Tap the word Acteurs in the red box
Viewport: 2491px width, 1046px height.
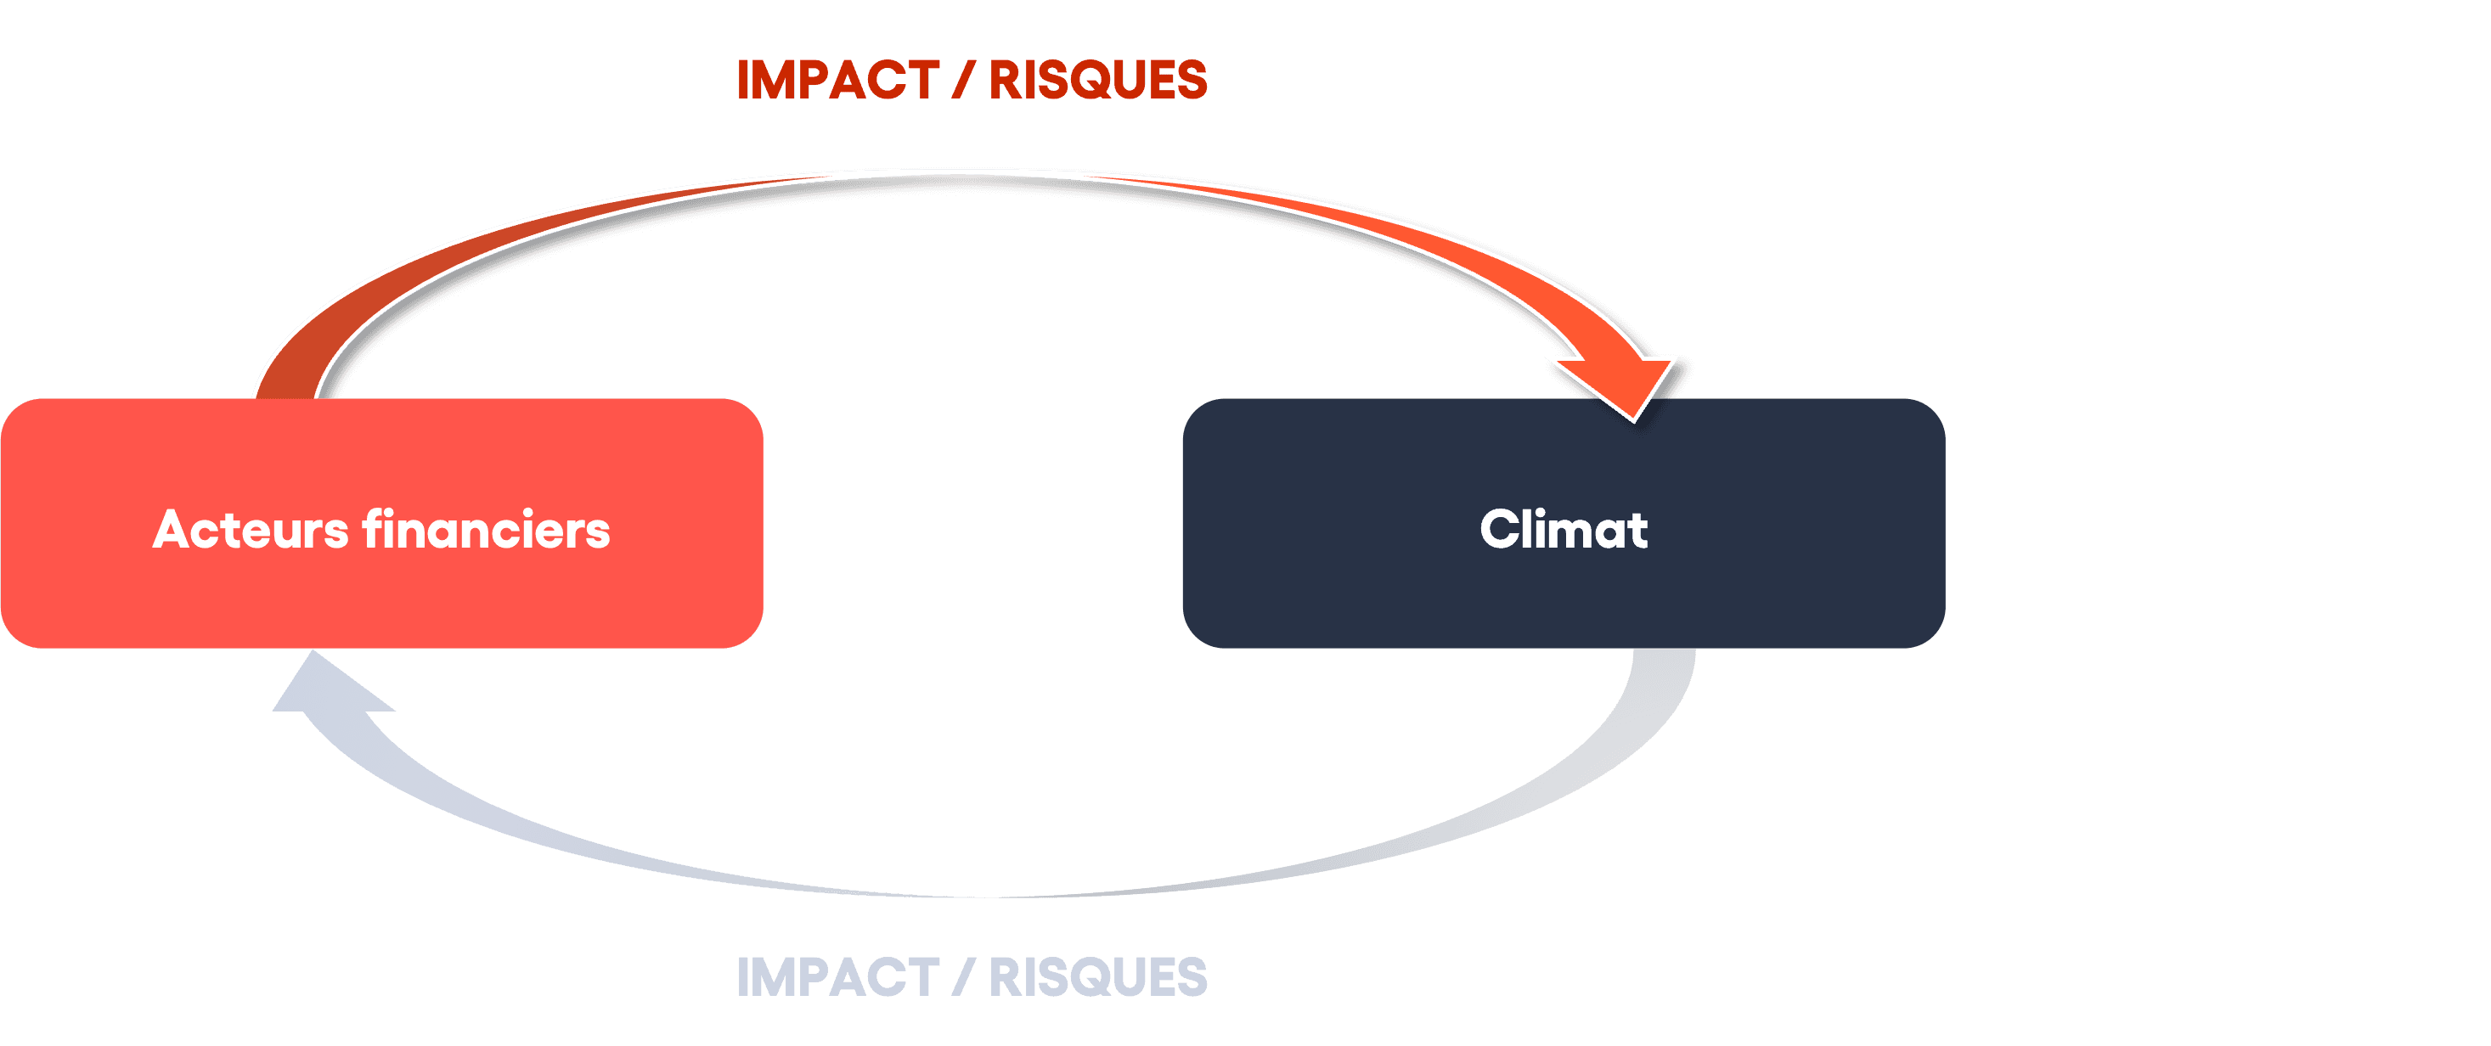pyautogui.click(x=251, y=530)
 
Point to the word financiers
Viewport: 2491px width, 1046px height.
pyautogui.click(x=487, y=530)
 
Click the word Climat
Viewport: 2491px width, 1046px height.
pyautogui.click(x=1563, y=530)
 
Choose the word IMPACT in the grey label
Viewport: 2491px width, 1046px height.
pyautogui.click(x=837, y=977)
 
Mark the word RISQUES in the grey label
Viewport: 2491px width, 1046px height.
pyautogui.click(x=1097, y=977)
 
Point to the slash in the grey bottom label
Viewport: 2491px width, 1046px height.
pyautogui.click(x=962, y=977)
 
